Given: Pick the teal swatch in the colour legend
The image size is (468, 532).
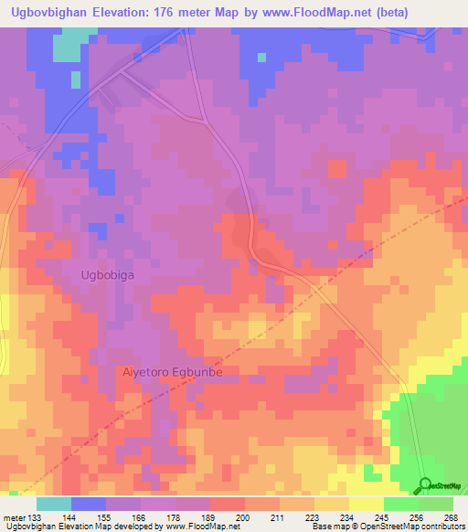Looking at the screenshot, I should pos(54,504).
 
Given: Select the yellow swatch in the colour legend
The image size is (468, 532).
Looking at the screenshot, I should pos(367,504).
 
